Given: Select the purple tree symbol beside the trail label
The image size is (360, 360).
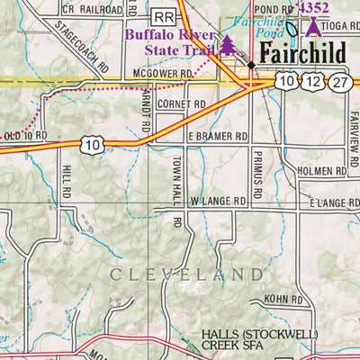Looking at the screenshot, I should (x=227, y=44).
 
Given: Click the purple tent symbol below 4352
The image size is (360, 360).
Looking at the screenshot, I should (x=312, y=25).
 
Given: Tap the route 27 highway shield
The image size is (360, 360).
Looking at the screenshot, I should (x=339, y=82).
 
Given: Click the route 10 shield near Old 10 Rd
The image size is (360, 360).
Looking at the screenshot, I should (x=90, y=144).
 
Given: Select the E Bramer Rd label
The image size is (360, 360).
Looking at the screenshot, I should (x=217, y=136).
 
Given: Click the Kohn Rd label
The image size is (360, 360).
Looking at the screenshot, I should (x=283, y=299).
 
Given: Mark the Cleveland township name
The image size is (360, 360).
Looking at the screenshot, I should (x=188, y=272).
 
